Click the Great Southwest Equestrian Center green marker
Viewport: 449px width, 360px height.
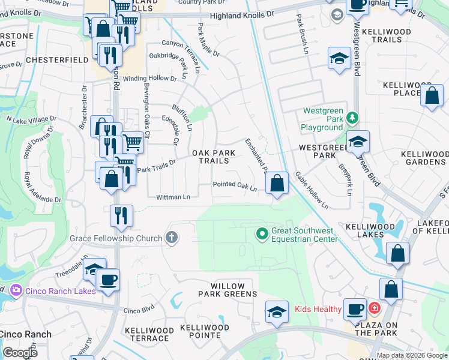point(262,233)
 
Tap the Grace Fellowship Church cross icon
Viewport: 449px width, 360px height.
point(172,238)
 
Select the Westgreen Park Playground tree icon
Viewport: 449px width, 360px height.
point(354,117)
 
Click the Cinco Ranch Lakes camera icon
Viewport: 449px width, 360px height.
point(16,290)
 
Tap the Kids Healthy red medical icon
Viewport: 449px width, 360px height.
point(375,309)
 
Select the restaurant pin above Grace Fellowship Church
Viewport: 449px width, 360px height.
point(122,215)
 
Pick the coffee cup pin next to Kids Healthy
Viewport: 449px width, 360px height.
point(355,308)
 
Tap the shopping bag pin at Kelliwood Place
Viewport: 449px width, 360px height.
point(432,95)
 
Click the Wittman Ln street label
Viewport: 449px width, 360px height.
point(173,197)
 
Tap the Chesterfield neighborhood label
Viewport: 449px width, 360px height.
point(31,61)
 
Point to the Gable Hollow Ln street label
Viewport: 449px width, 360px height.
point(311,190)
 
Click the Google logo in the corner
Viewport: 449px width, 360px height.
point(20,352)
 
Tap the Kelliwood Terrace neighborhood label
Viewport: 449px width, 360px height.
point(149,334)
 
